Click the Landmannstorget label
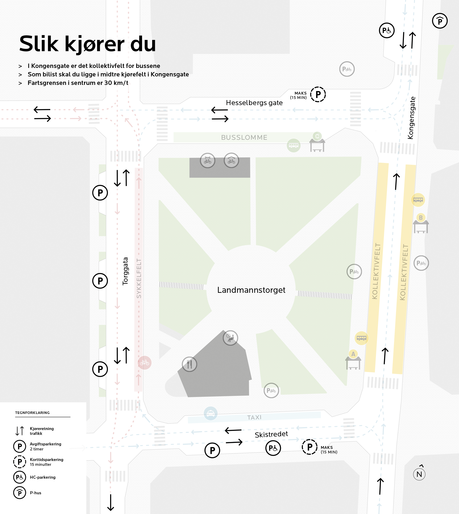pos(251,290)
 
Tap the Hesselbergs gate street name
pos(254,103)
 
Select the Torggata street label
pos(125,271)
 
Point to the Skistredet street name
pos(271,434)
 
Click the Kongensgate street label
pos(411,118)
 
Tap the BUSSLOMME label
pos(244,137)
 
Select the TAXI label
pos(254,417)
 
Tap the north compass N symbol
pos(419,474)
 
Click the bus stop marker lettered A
pos(353,354)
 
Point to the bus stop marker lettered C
pos(317,136)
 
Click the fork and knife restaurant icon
pos(189,364)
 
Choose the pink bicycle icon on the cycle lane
pos(145,363)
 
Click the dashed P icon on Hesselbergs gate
pos(318,95)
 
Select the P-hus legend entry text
pos(36,493)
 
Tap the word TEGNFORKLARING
pos(32,413)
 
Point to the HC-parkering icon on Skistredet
pos(273,448)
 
